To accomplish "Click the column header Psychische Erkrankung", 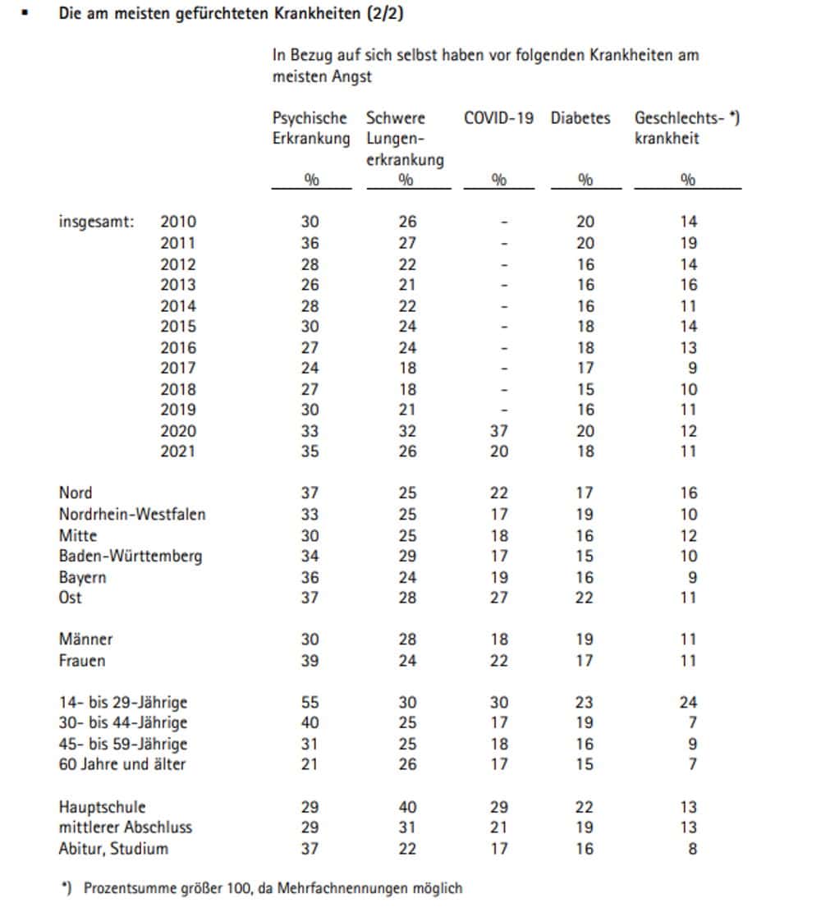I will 310,128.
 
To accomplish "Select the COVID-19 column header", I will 498,118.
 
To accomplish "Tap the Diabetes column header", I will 580,118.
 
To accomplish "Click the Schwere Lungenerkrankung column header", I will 405,139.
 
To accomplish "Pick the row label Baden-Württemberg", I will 131,557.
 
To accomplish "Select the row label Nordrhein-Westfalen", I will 132,515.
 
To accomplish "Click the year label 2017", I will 178,368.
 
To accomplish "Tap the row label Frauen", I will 82,661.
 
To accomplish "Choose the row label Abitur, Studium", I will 113,849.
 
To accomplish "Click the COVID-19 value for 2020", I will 498,431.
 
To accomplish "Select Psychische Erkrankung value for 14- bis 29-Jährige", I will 310,703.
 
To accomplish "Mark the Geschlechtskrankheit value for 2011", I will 688,243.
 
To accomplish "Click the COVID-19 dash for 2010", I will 504,222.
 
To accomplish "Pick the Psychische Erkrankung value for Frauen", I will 310,661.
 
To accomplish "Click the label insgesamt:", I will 97,222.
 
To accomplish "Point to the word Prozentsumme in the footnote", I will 123,888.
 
